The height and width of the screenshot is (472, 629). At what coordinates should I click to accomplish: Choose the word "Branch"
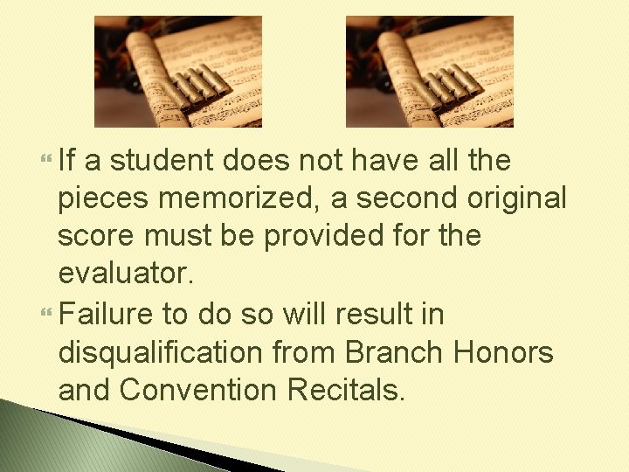pos(397,352)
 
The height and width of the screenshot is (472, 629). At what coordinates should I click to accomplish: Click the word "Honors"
pos(504,352)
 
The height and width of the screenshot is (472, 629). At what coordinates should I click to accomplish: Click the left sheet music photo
pos(177,72)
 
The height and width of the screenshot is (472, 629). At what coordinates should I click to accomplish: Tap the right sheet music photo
pos(429,72)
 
